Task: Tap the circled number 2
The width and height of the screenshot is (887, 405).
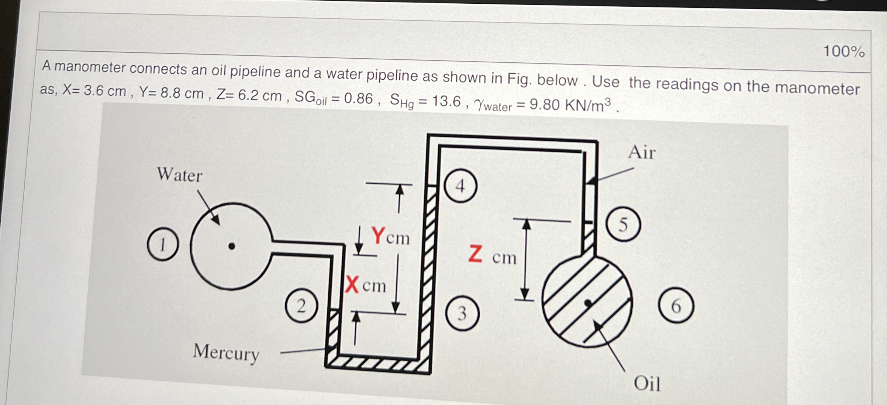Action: point(301,306)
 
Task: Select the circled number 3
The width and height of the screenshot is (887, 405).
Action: point(462,313)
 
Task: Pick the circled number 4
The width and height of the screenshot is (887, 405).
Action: point(460,186)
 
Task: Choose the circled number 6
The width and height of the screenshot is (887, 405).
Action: point(676,305)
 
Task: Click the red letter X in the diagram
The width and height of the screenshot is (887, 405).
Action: point(352,285)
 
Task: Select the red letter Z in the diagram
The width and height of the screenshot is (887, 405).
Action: point(475,255)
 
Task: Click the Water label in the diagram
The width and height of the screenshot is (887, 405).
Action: point(180,174)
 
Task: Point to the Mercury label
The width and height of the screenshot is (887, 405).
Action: point(226,353)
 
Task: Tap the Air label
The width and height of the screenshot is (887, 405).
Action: point(642,152)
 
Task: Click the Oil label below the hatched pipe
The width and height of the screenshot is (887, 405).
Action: point(647,383)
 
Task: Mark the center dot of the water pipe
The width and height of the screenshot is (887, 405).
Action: point(232,246)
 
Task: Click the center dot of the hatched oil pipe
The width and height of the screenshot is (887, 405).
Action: point(588,303)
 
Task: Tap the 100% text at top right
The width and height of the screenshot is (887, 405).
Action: point(844,51)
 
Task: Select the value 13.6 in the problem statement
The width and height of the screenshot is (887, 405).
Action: point(446,101)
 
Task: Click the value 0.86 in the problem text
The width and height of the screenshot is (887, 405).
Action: point(358,98)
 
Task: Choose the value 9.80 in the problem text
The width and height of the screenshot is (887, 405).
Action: point(545,105)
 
